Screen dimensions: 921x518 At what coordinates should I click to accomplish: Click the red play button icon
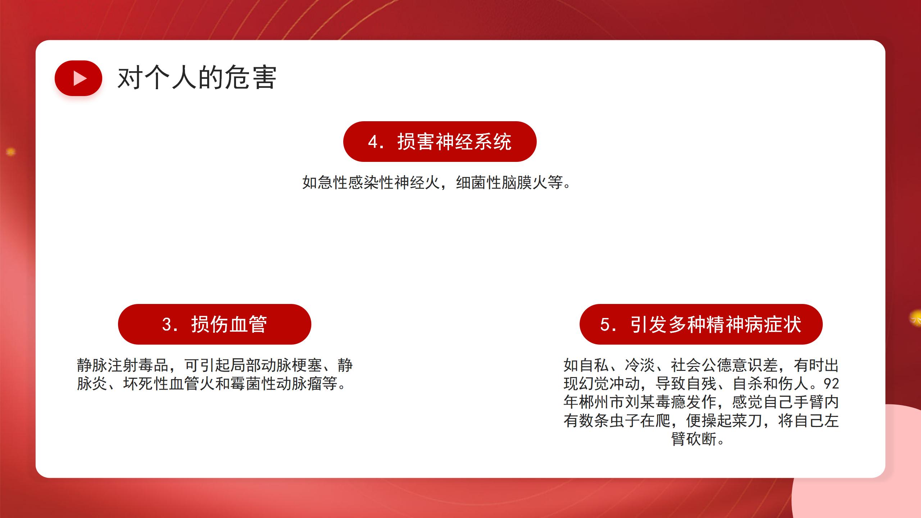[x=78, y=78]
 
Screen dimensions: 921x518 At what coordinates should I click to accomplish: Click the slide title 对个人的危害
[x=197, y=77]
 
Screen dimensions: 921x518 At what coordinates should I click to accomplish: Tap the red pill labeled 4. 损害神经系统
[x=440, y=141]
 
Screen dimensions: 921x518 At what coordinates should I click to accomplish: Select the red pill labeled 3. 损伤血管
[x=214, y=324]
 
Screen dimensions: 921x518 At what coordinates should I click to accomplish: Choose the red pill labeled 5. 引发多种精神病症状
[x=701, y=324]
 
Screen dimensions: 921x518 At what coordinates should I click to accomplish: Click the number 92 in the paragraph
[x=831, y=384]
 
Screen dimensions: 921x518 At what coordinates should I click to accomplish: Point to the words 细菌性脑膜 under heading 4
[x=494, y=183]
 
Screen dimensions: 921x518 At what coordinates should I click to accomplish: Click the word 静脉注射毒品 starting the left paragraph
[x=123, y=365]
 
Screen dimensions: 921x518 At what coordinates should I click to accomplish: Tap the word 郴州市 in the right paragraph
[x=602, y=402]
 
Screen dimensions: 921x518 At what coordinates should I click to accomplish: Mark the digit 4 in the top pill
[x=372, y=142]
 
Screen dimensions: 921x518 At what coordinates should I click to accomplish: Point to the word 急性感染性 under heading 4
[x=356, y=183]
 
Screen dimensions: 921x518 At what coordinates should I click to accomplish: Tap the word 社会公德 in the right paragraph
[x=701, y=365]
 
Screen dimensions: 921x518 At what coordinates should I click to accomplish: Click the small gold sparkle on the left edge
[x=11, y=152]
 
